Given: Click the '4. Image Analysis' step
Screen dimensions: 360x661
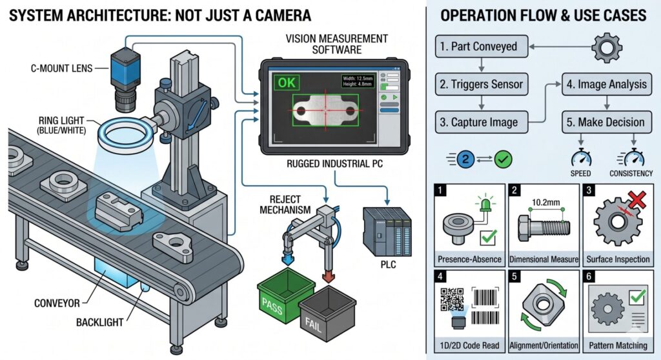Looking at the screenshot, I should pos(605,84).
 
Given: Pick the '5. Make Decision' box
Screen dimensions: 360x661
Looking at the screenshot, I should pos(605,122).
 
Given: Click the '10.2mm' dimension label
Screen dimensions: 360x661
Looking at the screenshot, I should pos(542,201).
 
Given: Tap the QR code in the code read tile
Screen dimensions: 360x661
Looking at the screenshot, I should pos(453,299).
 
